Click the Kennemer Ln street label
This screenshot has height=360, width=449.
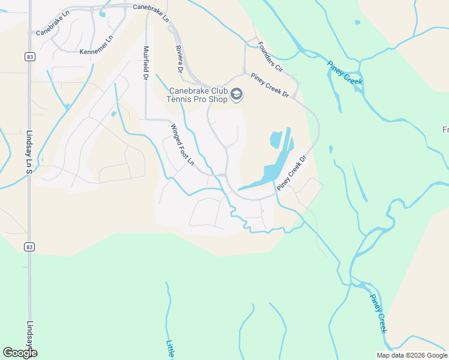point(97,52)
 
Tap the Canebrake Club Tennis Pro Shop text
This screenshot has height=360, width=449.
point(198,95)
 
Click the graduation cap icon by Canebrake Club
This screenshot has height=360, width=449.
point(237,94)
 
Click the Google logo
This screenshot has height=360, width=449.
point(20,353)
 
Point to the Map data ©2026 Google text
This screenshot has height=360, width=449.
point(411,355)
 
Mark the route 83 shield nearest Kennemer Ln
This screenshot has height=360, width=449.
point(29,56)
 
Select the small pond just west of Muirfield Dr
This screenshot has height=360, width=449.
point(113,114)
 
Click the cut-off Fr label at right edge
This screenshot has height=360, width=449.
point(445,130)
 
